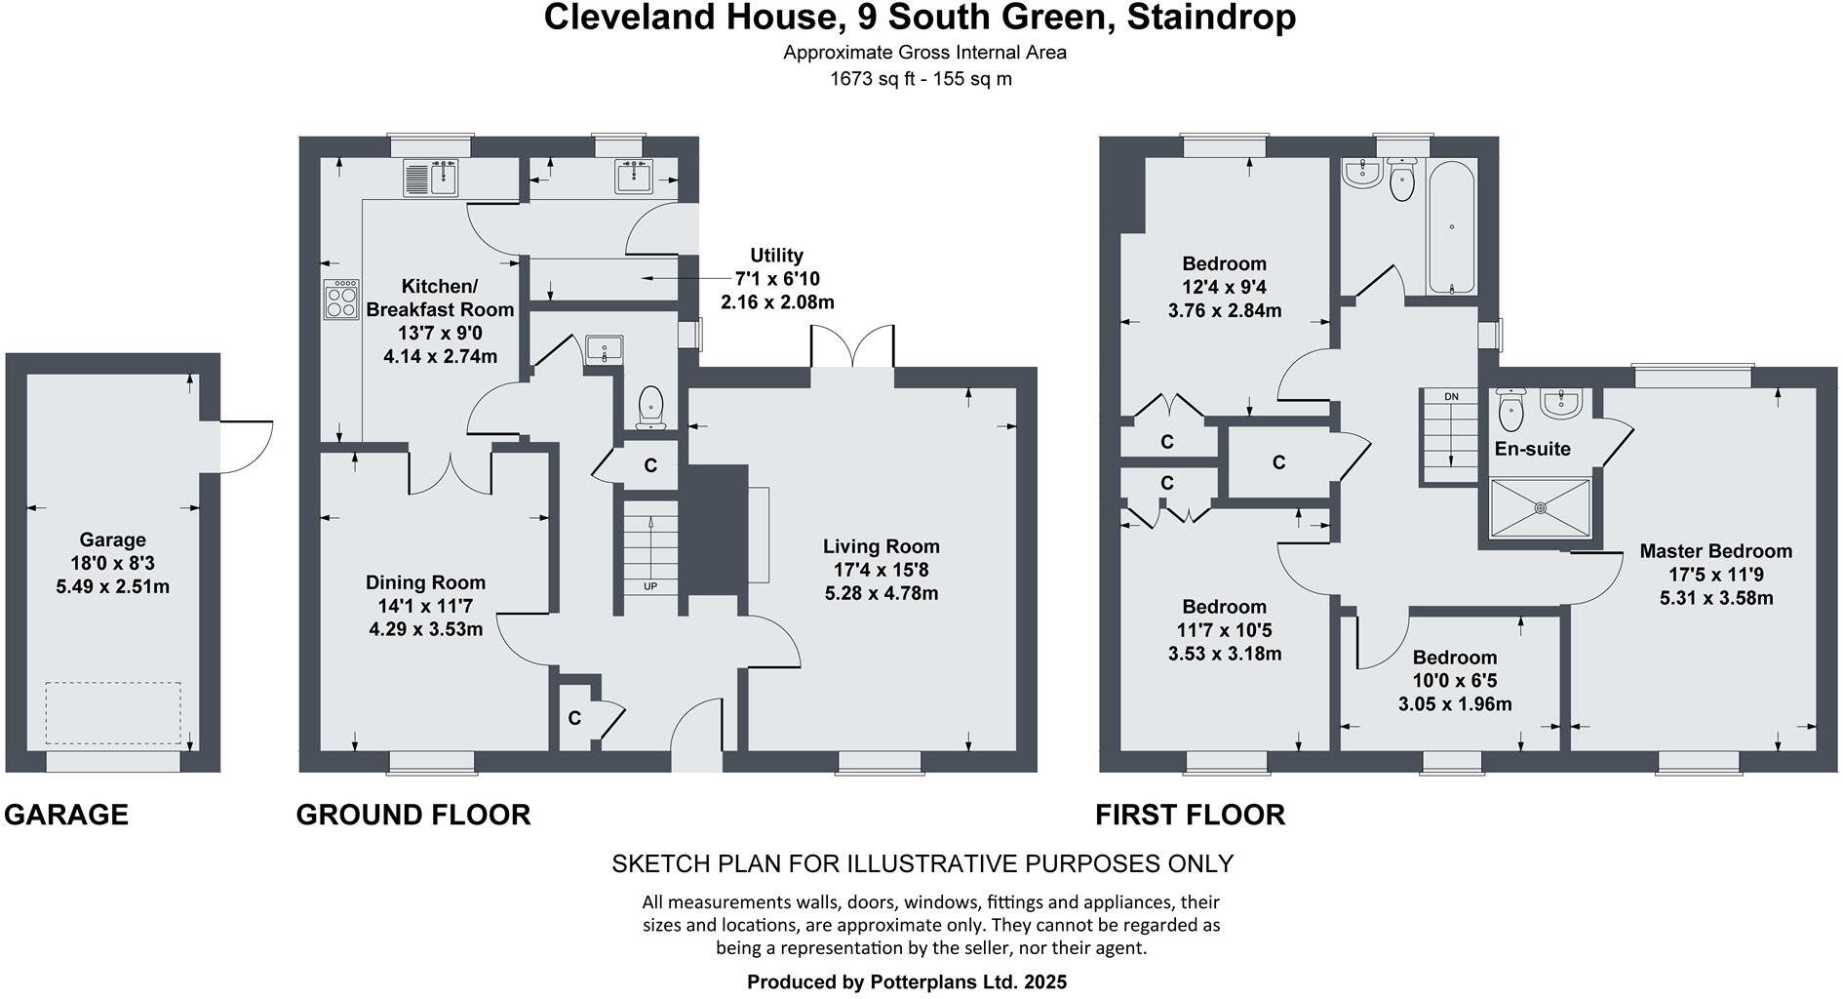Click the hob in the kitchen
pyautogui.click(x=341, y=299)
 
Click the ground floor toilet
pyautogui.click(x=650, y=406)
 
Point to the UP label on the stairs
pyautogui.click(x=649, y=586)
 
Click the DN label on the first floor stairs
pyautogui.click(x=1451, y=396)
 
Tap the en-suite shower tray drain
pyautogui.click(x=1541, y=507)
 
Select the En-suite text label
pyautogui.click(x=1532, y=449)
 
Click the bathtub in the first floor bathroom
pyautogui.click(x=1452, y=227)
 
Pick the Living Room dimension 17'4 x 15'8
pyautogui.click(x=881, y=570)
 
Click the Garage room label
pyautogui.click(x=112, y=539)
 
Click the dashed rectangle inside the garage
pyautogui.click(x=113, y=713)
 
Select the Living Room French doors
pyautogui.click(x=852, y=347)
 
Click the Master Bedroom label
pyautogui.click(x=1715, y=550)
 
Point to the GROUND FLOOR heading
pyautogui.click(x=413, y=815)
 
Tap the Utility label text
pyautogui.click(x=776, y=256)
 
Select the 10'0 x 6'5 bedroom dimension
pyautogui.click(x=1454, y=681)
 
